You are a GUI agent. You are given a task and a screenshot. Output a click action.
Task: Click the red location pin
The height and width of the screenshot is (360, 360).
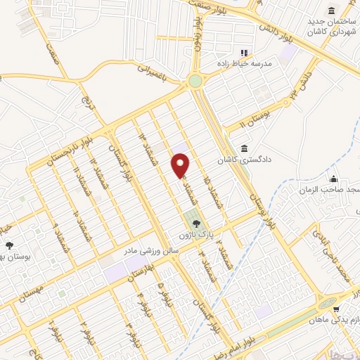[181, 164]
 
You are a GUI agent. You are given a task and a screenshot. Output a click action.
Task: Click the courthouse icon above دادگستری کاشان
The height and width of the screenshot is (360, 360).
[243, 149]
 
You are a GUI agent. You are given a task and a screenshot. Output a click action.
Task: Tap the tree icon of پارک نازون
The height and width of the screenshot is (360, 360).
[195, 222]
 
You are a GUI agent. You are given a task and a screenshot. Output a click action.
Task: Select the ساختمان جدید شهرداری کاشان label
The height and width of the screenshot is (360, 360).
[332, 27]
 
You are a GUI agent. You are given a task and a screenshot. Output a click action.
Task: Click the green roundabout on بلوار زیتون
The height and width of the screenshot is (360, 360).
[195, 82]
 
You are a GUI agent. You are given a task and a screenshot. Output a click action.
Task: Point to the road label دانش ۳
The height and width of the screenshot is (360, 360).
[301, 89]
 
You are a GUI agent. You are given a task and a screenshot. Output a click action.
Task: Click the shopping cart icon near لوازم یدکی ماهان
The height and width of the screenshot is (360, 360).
[336, 309]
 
